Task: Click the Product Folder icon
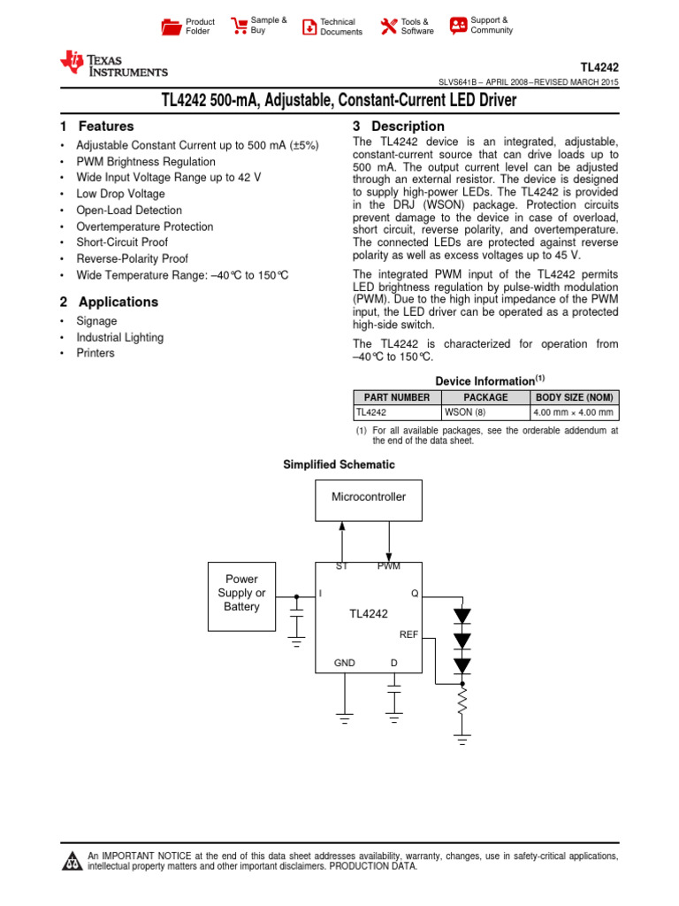click(x=171, y=26)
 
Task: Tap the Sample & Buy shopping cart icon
click(x=239, y=26)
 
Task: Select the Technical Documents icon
click(x=309, y=27)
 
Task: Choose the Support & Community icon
click(x=458, y=25)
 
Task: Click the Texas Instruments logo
click(x=112, y=64)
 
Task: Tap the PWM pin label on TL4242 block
click(x=388, y=566)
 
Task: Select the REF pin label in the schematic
click(x=408, y=634)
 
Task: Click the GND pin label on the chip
click(x=344, y=663)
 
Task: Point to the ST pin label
click(x=341, y=566)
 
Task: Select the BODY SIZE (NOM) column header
click(x=575, y=397)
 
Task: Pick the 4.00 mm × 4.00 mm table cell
click(x=574, y=412)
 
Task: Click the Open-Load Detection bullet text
click(x=129, y=211)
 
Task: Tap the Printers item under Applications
click(x=95, y=353)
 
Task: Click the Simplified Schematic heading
click(x=339, y=465)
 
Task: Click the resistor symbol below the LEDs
click(x=462, y=703)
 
